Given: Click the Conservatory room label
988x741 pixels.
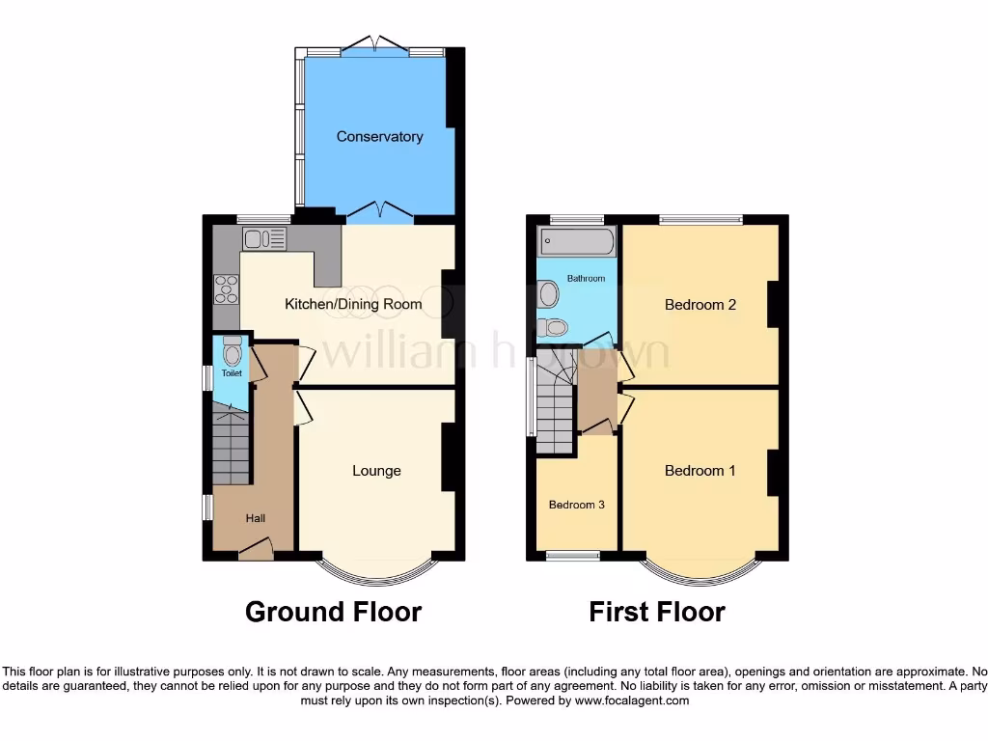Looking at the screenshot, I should point(379,137).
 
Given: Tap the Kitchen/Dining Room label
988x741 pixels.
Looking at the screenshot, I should point(353,305).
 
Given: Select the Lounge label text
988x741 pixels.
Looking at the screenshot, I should point(376,471).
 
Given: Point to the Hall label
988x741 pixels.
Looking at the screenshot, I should point(255,518).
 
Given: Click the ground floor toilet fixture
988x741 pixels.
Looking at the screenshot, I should point(232,349).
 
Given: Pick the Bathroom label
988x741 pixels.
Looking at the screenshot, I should point(586,279).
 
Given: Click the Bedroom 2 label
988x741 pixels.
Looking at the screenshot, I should point(700,305).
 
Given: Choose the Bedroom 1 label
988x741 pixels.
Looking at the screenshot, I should point(700,471).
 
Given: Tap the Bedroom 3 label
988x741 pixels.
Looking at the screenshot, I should point(577,505).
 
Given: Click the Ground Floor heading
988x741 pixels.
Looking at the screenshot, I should point(333,612).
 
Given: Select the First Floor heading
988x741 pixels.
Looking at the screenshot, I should point(657,612).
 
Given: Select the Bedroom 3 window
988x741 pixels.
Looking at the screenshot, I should point(572,556).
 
